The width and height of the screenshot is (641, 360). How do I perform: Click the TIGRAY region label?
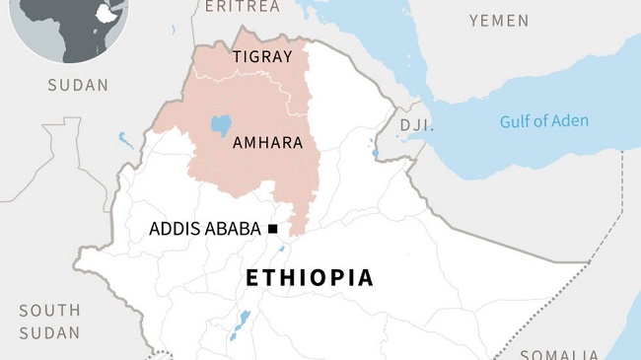[262, 57]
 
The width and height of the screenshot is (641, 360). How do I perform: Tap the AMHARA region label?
[266, 143]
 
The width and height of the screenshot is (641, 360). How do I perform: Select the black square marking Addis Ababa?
[272, 229]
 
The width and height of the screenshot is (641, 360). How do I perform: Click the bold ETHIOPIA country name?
[310, 278]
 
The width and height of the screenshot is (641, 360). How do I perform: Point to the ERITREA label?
[242, 7]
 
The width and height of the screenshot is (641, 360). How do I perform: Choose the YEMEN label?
[498, 21]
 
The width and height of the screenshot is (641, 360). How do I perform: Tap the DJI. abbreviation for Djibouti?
[414, 124]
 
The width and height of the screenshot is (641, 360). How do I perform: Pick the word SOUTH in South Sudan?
[49, 311]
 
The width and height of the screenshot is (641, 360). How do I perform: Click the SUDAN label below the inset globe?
[78, 86]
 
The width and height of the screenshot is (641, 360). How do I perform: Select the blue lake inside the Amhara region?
[222, 126]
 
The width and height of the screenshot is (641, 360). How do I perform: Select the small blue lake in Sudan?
[125, 140]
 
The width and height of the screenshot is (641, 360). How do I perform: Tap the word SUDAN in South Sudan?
[49, 333]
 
